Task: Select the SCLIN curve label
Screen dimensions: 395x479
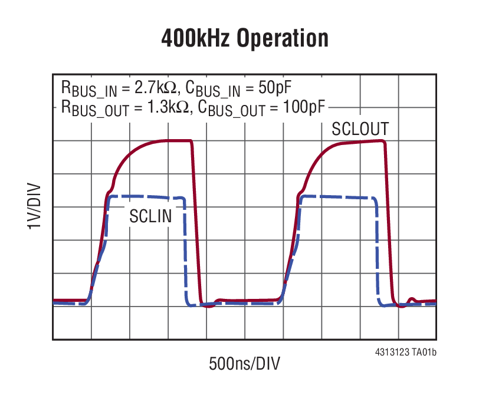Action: coord(150,216)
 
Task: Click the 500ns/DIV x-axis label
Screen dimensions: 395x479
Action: coord(244,363)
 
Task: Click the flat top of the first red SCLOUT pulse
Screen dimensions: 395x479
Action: coord(177,140)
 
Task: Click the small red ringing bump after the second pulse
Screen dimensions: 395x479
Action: coord(413,299)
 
